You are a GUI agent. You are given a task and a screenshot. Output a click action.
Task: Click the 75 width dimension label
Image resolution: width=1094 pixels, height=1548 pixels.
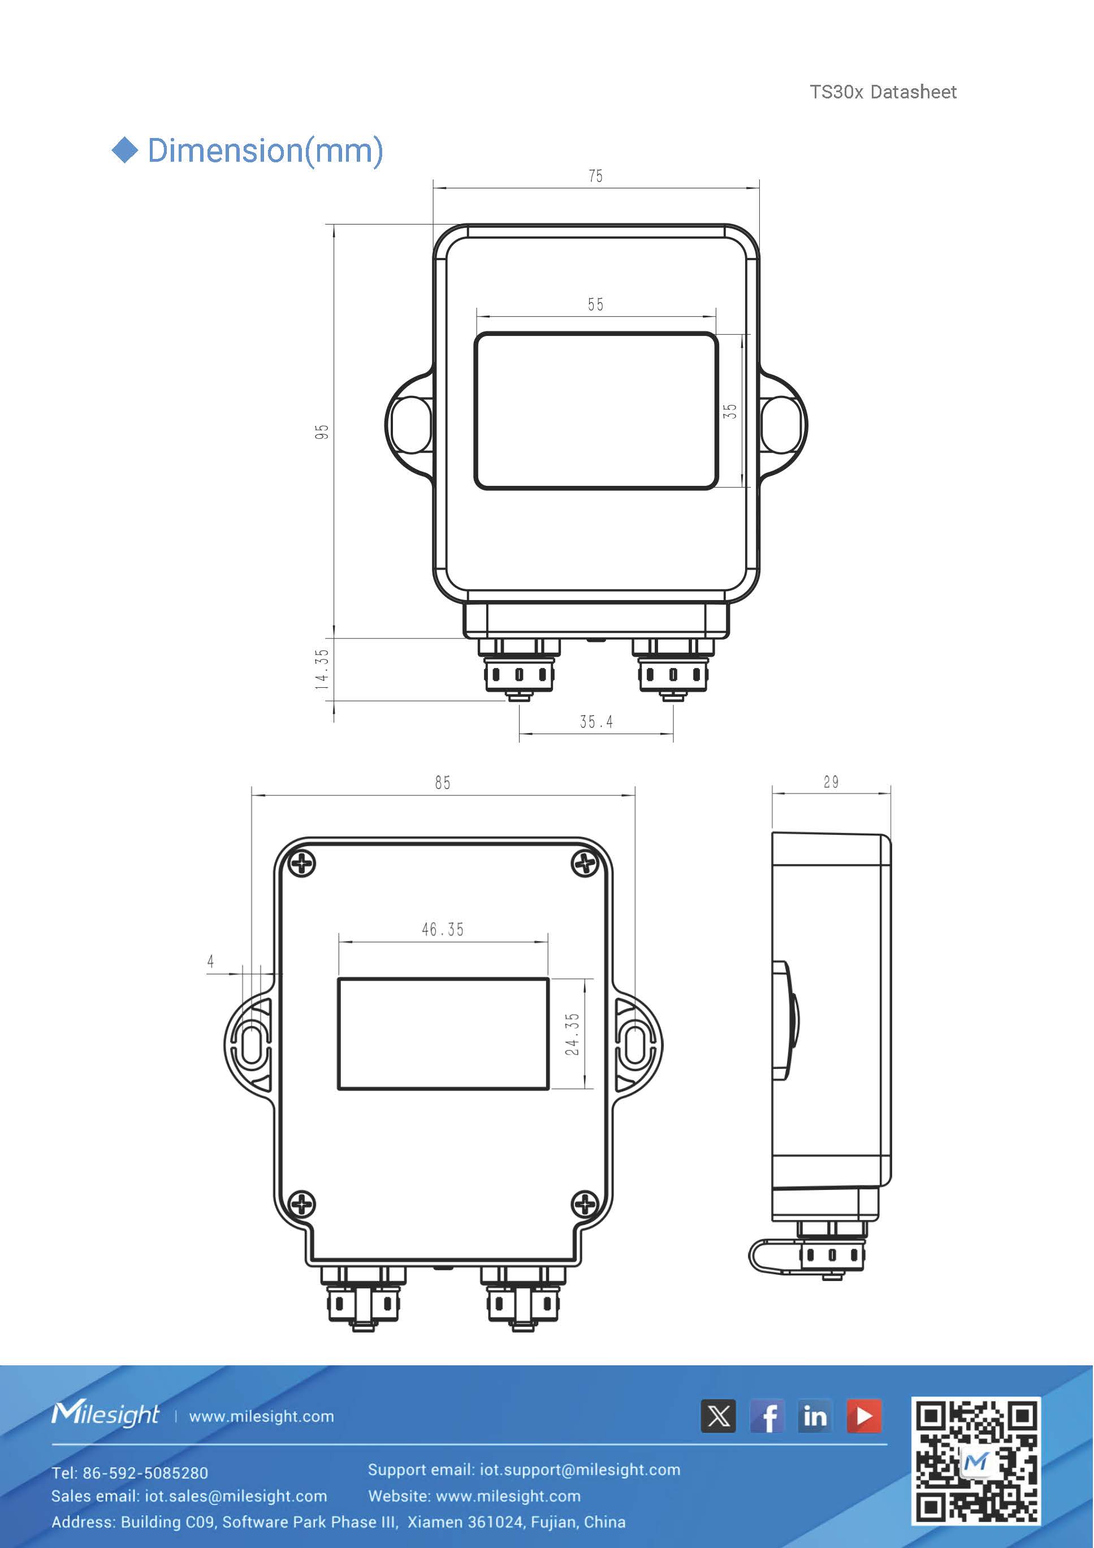pyautogui.click(x=595, y=176)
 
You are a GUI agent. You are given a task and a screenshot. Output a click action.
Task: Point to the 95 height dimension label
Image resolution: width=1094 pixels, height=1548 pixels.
pyautogui.click(x=322, y=432)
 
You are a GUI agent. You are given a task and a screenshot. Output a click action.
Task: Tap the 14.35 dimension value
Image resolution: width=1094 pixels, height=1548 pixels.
pyautogui.click(x=322, y=669)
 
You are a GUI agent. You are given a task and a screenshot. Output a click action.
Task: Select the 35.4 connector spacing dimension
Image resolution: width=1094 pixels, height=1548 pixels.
pyautogui.click(x=596, y=722)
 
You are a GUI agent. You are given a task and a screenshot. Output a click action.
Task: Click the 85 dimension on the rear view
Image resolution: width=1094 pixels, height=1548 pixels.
pyautogui.click(x=442, y=783)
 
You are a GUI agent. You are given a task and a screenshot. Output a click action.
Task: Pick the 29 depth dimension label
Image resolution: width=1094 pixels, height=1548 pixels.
pyautogui.click(x=831, y=782)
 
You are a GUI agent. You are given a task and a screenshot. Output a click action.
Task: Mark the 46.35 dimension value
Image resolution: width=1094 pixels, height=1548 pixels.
pyautogui.click(x=443, y=930)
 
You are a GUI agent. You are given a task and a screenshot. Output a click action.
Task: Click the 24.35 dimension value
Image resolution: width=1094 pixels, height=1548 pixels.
pyautogui.click(x=572, y=1034)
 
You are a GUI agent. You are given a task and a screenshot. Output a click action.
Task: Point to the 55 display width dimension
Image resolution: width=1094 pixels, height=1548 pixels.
pyautogui.click(x=595, y=305)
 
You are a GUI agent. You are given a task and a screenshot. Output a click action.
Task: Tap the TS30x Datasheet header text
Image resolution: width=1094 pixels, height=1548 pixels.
pyautogui.click(x=883, y=92)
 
